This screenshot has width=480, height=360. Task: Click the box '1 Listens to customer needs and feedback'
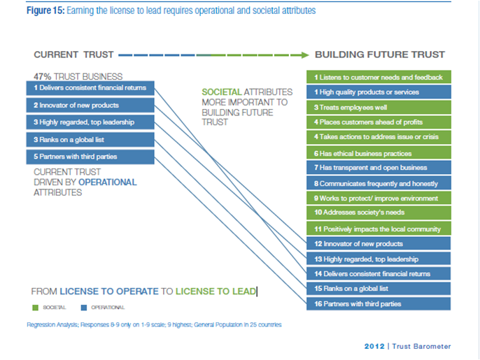379,77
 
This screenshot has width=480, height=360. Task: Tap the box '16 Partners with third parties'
379,303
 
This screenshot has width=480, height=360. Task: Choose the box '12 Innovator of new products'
379,244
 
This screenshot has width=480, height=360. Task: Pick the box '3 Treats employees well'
379,107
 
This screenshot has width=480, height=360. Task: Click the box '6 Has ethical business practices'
379,153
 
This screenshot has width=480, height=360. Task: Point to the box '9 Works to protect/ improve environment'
379,199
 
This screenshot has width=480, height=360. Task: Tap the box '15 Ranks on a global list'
379,289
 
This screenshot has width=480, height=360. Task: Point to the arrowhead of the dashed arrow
304,55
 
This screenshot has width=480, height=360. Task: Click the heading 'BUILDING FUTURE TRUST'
380,55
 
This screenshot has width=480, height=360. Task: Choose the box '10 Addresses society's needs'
379,213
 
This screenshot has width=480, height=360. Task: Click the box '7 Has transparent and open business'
379,168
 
